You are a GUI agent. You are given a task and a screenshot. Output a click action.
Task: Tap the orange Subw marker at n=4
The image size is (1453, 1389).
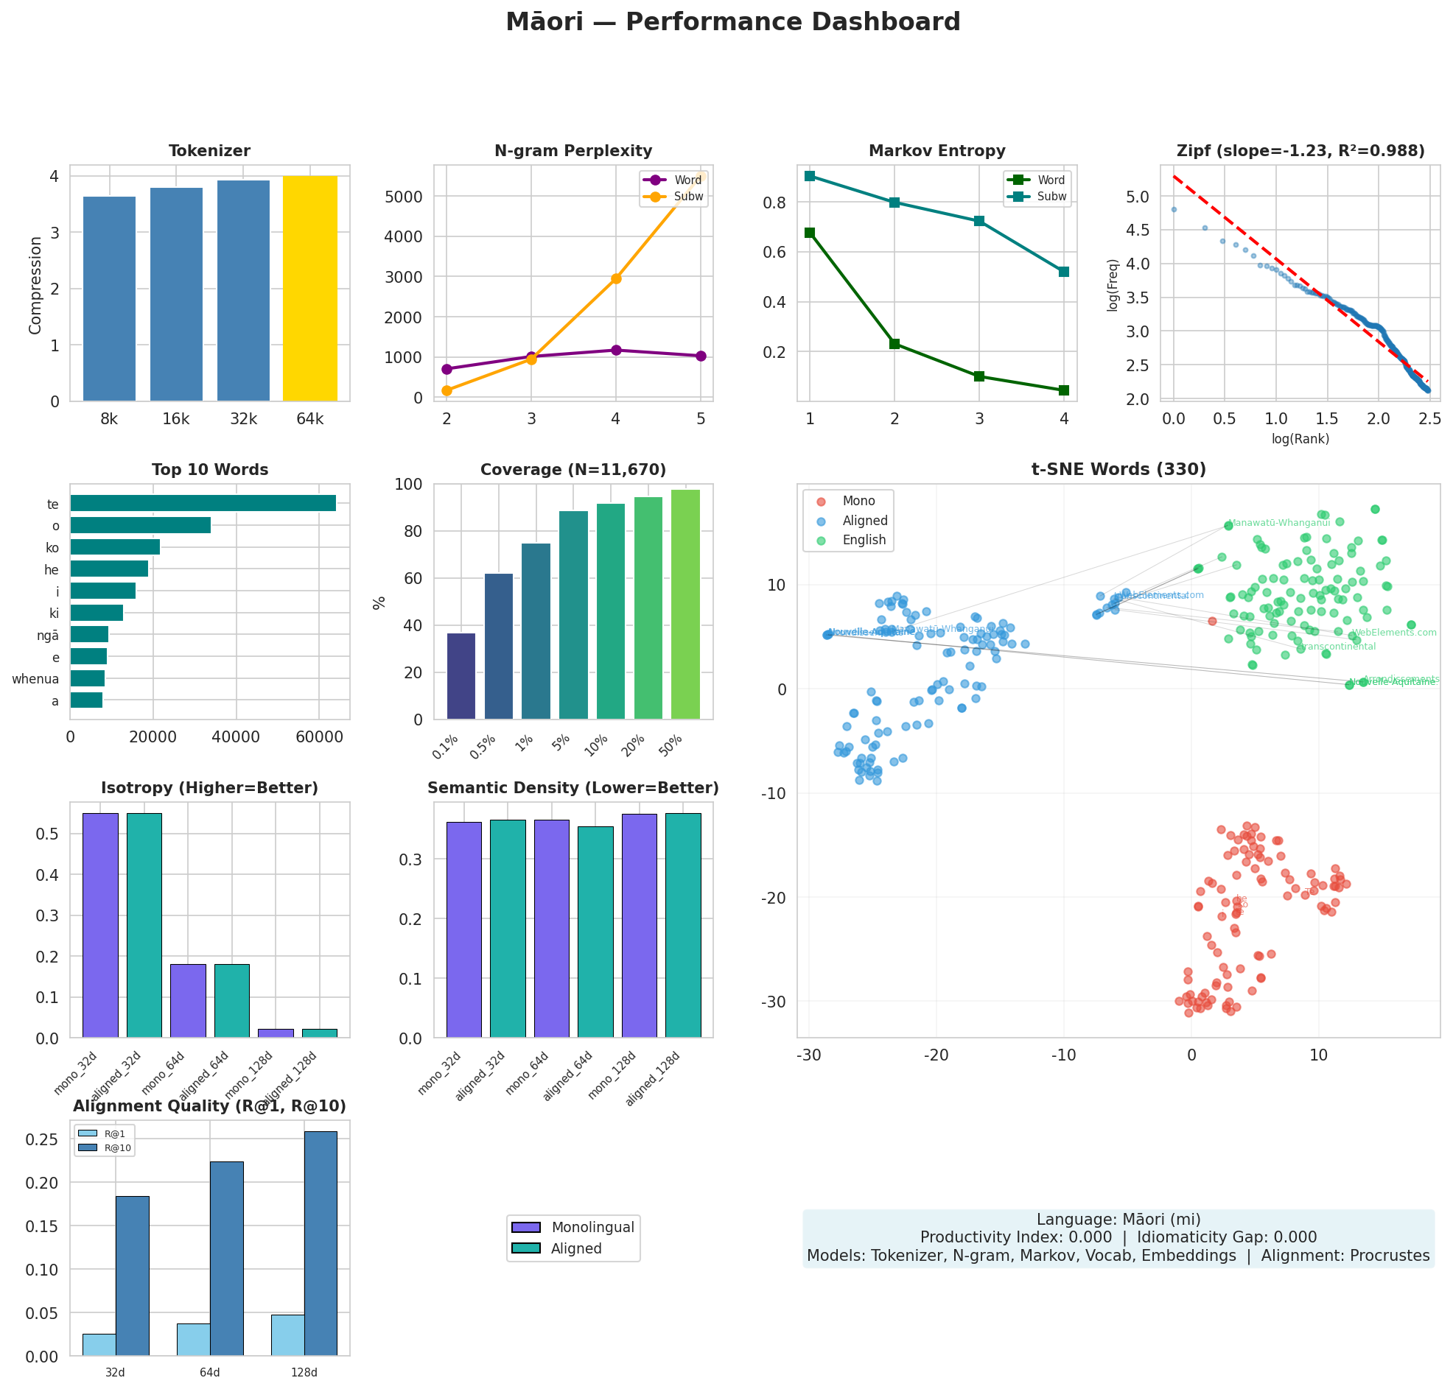tap(615, 278)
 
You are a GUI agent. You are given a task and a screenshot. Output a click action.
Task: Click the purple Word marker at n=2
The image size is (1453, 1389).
tap(447, 369)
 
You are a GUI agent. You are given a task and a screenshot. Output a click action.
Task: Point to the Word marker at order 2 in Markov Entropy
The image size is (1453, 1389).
tap(894, 343)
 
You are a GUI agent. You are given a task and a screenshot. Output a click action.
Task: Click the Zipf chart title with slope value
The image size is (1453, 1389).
tap(1300, 151)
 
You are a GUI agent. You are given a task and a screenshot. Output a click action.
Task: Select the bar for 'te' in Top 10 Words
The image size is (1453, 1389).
tap(203, 503)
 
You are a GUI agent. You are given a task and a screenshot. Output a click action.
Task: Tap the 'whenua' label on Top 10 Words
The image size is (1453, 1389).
tap(35, 679)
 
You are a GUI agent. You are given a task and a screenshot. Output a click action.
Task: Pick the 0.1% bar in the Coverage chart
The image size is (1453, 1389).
tap(461, 675)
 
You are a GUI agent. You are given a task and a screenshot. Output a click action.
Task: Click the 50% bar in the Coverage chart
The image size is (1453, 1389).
tap(685, 603)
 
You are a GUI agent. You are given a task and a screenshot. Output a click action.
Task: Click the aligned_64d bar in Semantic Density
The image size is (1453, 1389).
tap(595, 931)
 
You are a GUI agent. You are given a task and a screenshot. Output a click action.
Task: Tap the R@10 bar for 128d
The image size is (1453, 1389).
tap(320, 1243)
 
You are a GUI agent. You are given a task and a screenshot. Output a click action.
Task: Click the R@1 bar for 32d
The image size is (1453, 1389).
tap(99, 1344)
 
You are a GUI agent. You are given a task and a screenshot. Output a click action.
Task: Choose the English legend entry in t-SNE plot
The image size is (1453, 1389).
tap(863, 540)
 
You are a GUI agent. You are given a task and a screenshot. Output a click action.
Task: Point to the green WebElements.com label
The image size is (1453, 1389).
tap(1393, 633)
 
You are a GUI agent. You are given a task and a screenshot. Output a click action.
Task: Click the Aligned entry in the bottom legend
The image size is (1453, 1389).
tap(575, 1248)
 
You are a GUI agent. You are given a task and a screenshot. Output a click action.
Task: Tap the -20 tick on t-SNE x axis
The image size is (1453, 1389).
tap(935, 1055)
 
